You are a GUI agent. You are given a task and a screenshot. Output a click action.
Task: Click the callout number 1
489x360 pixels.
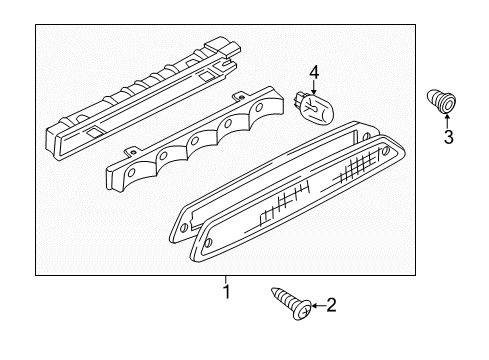tap(227, 292)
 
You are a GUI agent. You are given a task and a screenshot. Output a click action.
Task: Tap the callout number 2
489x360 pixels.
tap(331, 305)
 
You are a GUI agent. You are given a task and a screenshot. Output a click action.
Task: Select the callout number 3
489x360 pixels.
tap(448, 137)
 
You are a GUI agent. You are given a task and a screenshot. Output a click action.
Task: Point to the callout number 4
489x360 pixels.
tap(314, 73)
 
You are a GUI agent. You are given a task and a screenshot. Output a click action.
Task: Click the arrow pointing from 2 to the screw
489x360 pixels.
tap(318, 306)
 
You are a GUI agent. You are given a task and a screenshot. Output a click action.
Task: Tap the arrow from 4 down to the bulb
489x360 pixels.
tap(314, 87)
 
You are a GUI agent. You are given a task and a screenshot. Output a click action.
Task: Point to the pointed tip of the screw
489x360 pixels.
tap(273, 289)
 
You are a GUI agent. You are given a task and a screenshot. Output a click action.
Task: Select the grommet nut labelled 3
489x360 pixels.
tap(441, 101)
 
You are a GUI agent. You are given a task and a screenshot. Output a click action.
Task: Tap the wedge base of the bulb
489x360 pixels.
tap(297, 99)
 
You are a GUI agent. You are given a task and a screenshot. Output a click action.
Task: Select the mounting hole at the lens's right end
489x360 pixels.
tap(386, 150)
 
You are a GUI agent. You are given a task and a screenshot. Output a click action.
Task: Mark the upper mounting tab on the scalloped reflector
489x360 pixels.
tap(238, 97)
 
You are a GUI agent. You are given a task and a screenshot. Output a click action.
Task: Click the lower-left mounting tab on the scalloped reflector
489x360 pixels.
tap(131, 152)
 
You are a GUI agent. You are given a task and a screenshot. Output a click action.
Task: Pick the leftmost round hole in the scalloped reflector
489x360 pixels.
tap(132, 172)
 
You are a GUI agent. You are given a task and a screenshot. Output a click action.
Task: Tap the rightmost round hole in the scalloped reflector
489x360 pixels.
tap(259, 108)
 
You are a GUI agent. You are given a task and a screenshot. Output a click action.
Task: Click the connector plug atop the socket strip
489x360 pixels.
tap(224, 47)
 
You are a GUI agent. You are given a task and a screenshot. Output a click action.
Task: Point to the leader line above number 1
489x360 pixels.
tap(226, 279)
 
